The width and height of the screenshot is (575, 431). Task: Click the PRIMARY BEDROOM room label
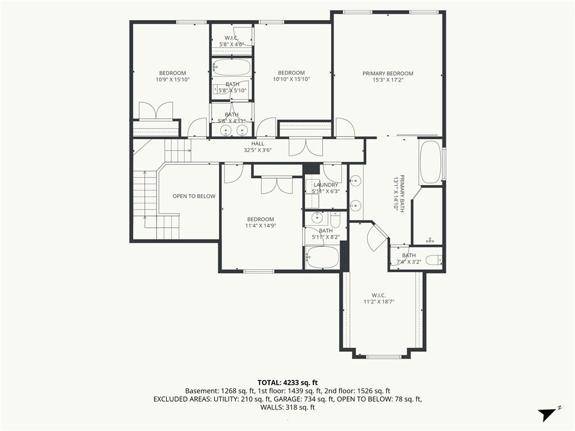point(387,74)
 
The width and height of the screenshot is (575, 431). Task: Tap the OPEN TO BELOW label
point(194,196)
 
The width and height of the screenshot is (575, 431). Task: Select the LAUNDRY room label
point(326,185)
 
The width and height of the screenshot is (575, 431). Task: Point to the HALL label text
point(258,144)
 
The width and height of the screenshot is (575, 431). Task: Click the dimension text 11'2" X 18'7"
point(379,302)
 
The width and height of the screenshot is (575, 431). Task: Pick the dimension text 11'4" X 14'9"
point(261,226)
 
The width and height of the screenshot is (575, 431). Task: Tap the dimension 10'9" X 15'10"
point(173,79)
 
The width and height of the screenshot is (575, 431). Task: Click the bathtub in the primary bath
point(431,162)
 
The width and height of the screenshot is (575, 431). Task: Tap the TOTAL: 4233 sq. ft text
point(287,383)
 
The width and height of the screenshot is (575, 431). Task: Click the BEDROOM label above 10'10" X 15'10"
point(291,72)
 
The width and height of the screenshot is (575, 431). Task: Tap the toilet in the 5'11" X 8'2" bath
point(335,219)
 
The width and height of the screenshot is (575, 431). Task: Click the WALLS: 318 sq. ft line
point(287,407)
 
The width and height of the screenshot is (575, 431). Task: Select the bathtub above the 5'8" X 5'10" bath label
point(232,67)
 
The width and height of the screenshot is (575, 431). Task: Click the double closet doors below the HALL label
point(306,146)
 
